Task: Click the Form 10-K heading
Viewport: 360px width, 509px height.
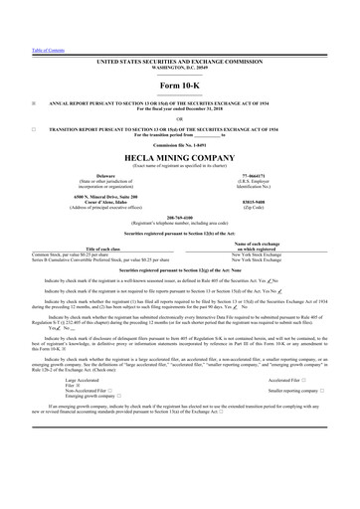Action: (x=179, y=86)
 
